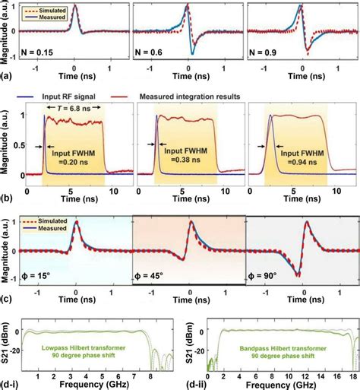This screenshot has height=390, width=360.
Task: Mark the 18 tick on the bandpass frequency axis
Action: (351, 374)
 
